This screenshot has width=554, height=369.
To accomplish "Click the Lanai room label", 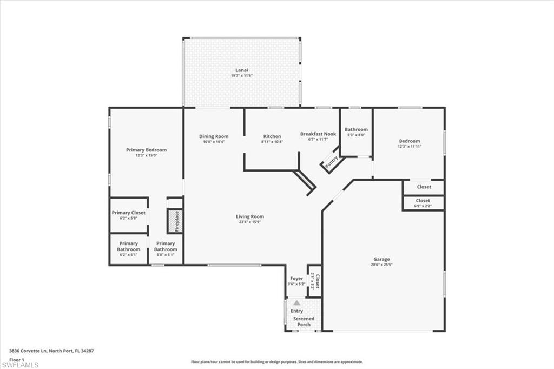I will pyautogui.click(x=241, y=70).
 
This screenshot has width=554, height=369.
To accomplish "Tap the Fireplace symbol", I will pyautogui.click(x=175, y=221).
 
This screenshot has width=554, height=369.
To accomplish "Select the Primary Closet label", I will pyautogui.click(x=129, y=213).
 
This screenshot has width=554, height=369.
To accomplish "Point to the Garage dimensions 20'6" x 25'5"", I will pyautogui.click(x=381, y=265).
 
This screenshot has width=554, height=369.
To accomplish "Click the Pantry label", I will pyautogui.click(x=331, y=161).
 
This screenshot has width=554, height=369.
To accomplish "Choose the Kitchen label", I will pyautogui.click(x=272, y=136).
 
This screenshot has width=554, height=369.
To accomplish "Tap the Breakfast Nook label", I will pyautogui.click(x=318, y=134).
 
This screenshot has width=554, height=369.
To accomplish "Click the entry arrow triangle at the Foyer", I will pyautogui.click(x=296, y=303).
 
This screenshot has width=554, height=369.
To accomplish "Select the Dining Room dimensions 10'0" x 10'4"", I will pyautogui.click(x=214, y=142).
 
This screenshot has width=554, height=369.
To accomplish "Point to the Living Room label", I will pyautogui.click(x=249, y=216).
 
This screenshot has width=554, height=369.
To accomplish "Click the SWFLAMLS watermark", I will pyautogui.click(x=19, y=364).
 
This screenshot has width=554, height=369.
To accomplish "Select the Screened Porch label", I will pyautogui.click(x=304, y=321).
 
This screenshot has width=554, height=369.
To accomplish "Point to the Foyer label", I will pyautogui.click(x=296, y=279).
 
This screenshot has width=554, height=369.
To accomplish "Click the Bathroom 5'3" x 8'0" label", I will pyautogui.click(x=356, y=129).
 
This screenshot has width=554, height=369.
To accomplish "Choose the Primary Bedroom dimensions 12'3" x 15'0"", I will pyautogui.click(x=146, y=155).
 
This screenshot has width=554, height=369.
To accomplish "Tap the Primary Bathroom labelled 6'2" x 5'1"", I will pyautogui.click(x=129, y=249).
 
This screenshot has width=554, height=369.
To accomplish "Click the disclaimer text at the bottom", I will pyautogui.click(x=276, y=362).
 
